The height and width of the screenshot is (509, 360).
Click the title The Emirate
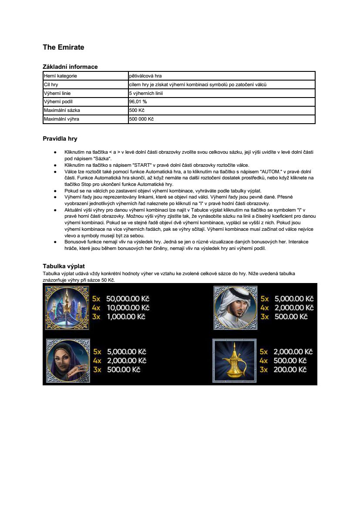[x=63, y=47]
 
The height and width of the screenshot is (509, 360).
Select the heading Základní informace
[x=70, y=67]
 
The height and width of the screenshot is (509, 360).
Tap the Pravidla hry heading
[x=60, y=139]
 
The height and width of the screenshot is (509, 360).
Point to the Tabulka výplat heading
[x=64, y=266]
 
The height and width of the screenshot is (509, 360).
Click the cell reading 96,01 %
[x=138, y=101]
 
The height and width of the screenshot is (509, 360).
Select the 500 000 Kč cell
[x=141, y=119]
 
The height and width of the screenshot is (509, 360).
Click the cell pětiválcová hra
[x=145, y=76]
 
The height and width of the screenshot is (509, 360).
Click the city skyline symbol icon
[x=67, y=308]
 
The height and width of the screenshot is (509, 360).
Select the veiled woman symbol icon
[x=68, y=361]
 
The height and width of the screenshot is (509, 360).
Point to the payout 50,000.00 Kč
[x=128, y=299]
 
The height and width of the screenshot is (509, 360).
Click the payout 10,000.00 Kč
[x=128, y=307]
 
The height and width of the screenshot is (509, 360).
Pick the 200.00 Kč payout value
[x=290, y=369]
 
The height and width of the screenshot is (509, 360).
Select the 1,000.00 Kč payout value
[x=126, y=317]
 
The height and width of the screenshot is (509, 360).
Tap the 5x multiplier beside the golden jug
[x=264, y=351]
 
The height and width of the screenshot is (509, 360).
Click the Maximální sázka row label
[x=62, y=110]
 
